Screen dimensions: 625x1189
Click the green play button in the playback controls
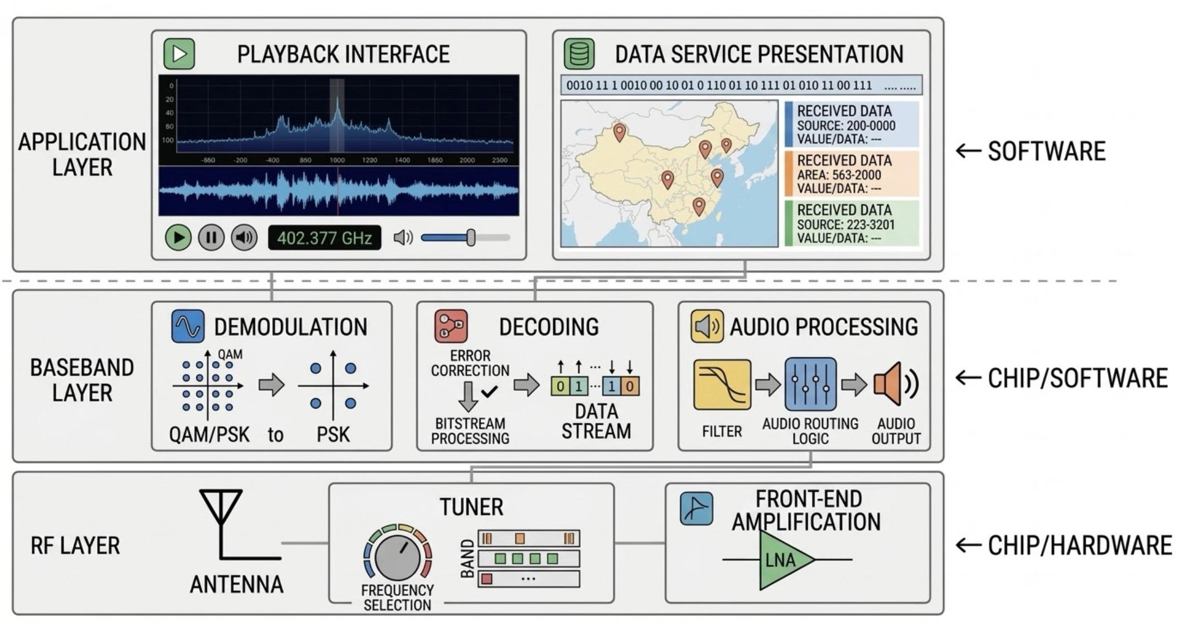(178, 238)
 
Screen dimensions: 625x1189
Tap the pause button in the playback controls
(211, 238)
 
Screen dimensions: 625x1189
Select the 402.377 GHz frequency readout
(325, 238)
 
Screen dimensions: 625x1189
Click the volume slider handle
(471, 238)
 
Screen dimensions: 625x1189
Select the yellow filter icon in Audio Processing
(722, 385)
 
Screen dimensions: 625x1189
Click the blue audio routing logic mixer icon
(810, 385)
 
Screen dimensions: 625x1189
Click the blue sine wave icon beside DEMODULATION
(187, 326)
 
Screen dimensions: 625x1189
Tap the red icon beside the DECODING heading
(451, 326)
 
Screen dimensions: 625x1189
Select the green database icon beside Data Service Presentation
(579, 54)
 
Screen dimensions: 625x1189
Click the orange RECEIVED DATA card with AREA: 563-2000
(852, 174)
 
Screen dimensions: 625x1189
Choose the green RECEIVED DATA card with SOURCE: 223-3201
(852, 224)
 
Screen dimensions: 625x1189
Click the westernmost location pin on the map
(619, 132)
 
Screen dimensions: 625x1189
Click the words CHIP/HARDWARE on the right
(1080, 546)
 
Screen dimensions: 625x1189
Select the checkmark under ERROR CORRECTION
(489, 392)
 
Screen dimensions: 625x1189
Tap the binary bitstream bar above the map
(741, 85)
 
